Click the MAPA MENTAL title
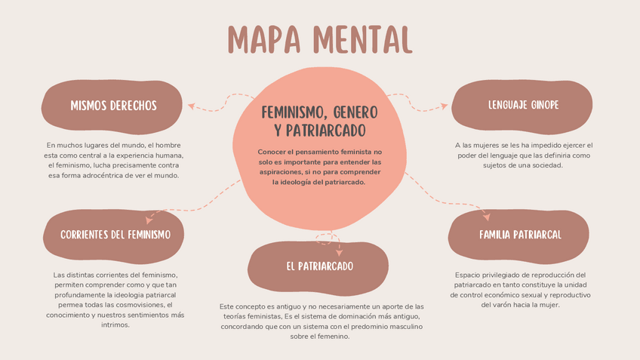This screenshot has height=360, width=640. pos(320,38)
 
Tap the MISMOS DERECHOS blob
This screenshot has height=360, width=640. pos(113,106)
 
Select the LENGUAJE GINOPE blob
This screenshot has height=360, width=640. pos(523,105)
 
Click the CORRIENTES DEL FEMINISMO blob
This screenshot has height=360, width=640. pos(115,235)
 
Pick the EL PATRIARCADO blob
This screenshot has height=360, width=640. pos(319,266)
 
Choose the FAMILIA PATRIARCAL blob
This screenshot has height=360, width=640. pos(520,235)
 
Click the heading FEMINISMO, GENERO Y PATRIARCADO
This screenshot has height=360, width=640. pos(319,121)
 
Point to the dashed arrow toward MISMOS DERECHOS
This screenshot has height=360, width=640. pos(219,105)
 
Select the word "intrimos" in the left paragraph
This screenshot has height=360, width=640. pos(115,325)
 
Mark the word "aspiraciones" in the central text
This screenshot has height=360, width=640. pos(281,172)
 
